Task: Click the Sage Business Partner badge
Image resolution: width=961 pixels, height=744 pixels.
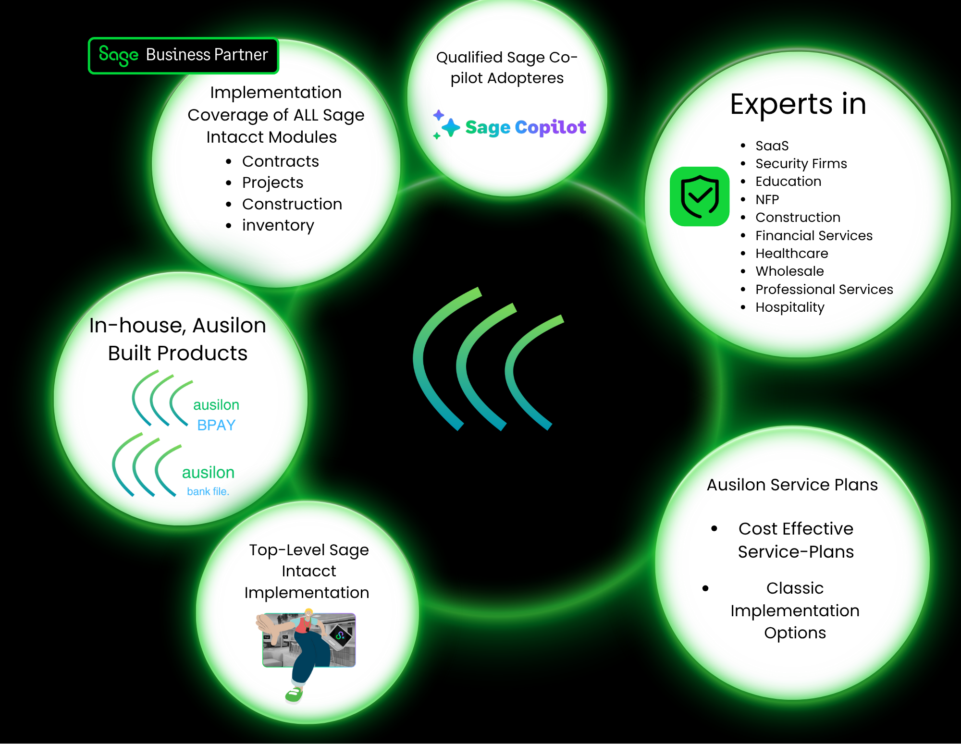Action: point(183,56)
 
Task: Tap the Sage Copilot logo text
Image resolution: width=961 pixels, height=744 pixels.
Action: point(525,127)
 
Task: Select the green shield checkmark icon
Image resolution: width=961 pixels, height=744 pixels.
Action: point(700,196)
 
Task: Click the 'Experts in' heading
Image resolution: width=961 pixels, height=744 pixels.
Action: point(798,104)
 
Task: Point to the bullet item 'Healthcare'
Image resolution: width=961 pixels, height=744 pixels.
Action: point(791,253)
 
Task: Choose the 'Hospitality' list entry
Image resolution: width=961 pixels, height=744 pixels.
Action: point(789,307)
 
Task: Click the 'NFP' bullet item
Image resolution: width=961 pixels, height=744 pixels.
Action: point(767,199)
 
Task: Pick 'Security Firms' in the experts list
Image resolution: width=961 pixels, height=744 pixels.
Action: point(801,163)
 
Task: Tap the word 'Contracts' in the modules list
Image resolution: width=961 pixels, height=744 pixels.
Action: point(280,161)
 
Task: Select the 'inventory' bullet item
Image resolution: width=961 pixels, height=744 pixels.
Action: point(278,225)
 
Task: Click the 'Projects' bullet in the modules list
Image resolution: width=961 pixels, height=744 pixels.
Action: point(272,183)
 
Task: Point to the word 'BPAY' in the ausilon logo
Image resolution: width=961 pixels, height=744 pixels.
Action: point(216,425)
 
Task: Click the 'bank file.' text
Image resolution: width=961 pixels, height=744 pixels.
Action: point(208,491)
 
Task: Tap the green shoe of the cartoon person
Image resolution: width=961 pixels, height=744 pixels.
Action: point(294,695)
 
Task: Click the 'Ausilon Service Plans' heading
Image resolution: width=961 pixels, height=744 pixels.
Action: point(792,485)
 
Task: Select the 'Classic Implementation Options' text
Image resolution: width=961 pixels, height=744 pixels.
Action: point(795,610)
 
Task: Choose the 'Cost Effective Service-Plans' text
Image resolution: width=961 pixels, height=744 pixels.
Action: point(796,540)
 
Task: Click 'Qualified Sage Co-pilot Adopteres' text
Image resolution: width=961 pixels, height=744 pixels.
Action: point(506,67)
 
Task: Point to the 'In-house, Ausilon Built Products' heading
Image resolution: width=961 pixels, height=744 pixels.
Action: point(178,339)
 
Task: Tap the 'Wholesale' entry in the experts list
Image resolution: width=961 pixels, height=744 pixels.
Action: point(789,271)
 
